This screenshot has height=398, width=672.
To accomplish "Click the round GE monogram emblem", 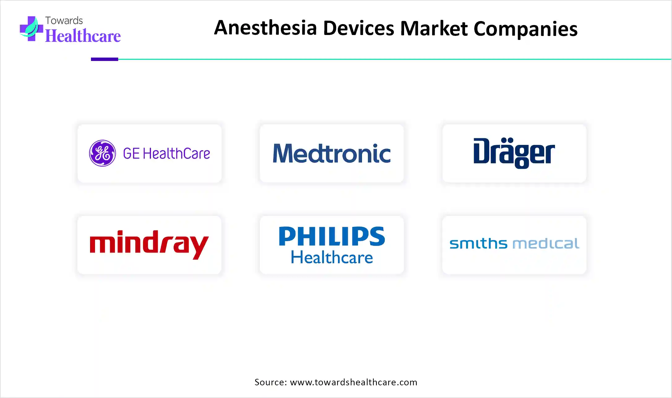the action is (x=102, y=153).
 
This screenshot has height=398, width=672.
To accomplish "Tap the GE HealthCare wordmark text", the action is (x=166, y=154).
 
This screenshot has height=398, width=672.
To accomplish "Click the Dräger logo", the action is (x=514, y=153).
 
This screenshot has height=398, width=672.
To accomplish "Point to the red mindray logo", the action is (x=149, y=244).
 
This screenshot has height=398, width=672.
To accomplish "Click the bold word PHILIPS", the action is (x=332, y=236).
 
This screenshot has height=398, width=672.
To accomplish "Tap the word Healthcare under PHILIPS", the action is (x=332, y=257).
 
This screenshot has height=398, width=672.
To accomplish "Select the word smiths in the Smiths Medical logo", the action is (x=478, y=244).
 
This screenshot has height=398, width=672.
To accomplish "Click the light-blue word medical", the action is (x=546, y=244).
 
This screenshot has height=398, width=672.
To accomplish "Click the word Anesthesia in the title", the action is (x=265, y=28).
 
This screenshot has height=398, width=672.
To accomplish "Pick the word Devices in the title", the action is (x=359, y=28).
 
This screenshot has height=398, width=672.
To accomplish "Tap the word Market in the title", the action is (x=434, y=28).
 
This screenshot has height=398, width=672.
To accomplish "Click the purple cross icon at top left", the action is (x=31, y=28).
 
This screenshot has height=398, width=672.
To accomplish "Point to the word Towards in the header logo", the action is (x=64, y=20).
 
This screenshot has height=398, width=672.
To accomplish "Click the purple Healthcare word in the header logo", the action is (x=83, y=36).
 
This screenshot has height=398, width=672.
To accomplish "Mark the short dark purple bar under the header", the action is (x=105, y=59).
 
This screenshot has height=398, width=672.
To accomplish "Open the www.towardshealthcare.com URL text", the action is (x=354, y=382).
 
